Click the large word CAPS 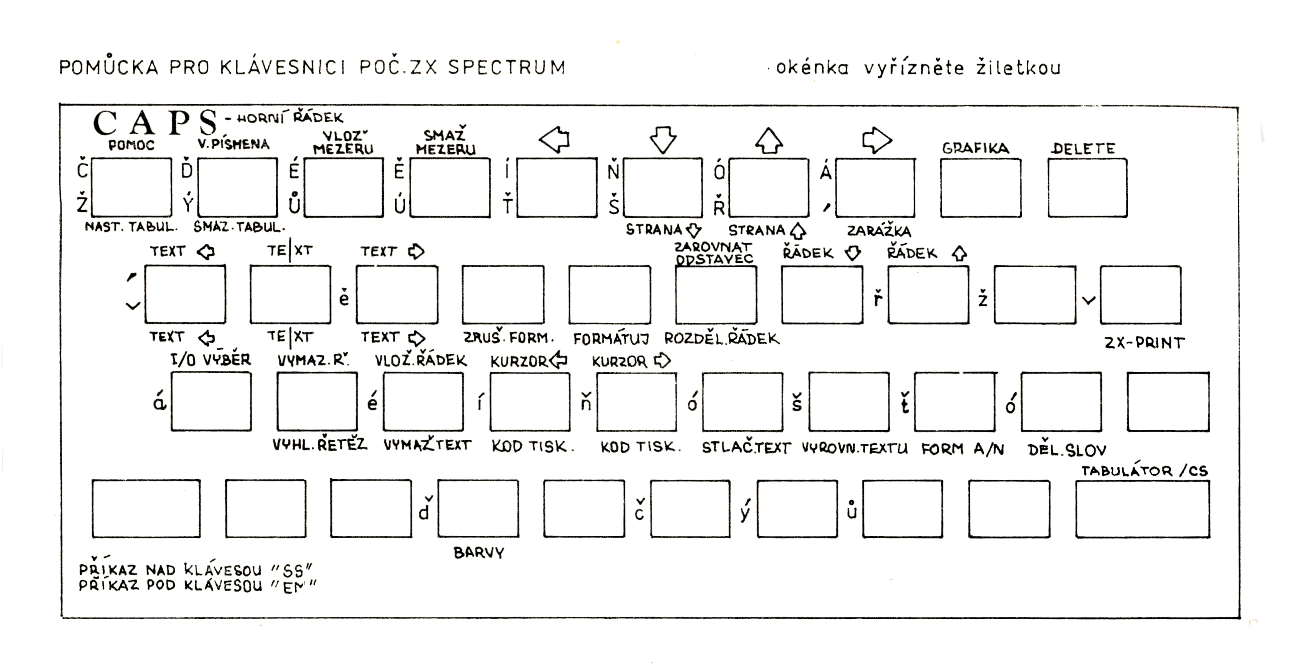pos(155,123)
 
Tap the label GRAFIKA pos(975,148)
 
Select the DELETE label pos(1083,148)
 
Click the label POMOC pos(131,145)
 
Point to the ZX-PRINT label pos(1144,343)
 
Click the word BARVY pos(479,553)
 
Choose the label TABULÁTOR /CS pos(1144,471)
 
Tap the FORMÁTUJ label pos(611,339)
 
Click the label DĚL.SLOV pos(1067,450)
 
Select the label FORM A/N pos(962,449)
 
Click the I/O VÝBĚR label pos(211,360)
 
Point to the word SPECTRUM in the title pos(507,67)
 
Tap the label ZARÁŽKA pos(879,231)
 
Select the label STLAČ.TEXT pos(746,448)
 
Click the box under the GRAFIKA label pos(981,188)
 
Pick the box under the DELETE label pos(1087,188)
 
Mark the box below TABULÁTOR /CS pos(1142,509)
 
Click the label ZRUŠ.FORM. pos(508,337)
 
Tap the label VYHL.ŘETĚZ pos(319,445)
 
